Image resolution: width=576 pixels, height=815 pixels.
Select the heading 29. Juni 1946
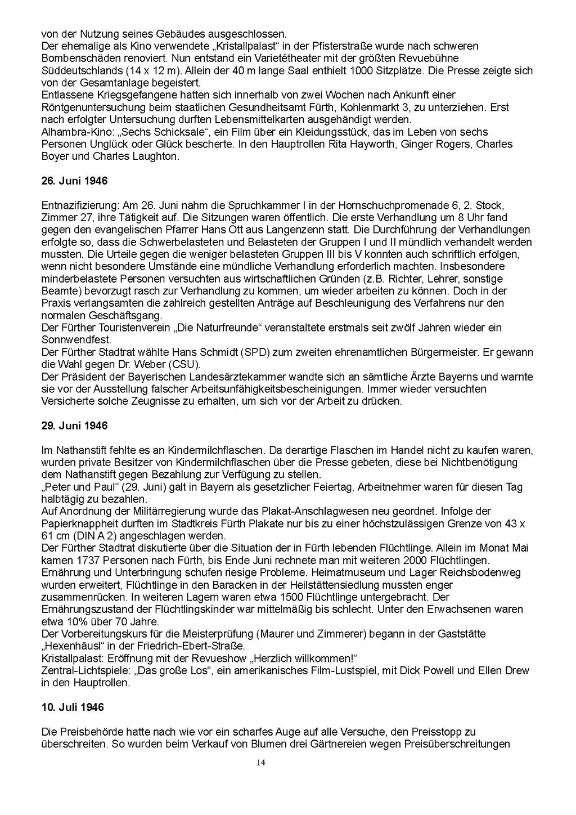click(x=74, y=426)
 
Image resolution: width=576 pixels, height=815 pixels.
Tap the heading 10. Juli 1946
click(x=73, y=707)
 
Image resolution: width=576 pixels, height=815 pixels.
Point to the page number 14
click(x=260, y=763)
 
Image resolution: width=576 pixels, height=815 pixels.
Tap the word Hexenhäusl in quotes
click(x=70, y=646)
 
